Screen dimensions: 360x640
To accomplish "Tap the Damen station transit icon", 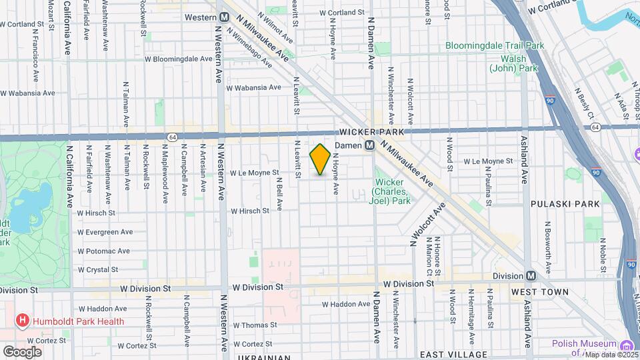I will (x=368, y=146).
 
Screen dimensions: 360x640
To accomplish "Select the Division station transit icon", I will (x=531, y=276).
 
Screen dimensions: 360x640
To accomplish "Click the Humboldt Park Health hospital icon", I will (x=23, y=321).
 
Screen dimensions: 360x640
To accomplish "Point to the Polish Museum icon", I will (x=626, y=345).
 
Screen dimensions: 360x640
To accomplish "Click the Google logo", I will (x=22, y=351).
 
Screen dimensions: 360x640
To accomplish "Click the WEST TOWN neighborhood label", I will (x=540, y=292).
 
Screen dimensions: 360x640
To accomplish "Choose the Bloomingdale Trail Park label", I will (x=496, y=46).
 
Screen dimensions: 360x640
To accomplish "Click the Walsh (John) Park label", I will (x=514, y=63).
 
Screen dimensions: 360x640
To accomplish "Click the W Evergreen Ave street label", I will (x=105, y=232).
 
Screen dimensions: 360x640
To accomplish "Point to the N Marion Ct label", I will (x=426, y=256).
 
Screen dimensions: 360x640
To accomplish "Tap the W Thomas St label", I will (x=255, y=325).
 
